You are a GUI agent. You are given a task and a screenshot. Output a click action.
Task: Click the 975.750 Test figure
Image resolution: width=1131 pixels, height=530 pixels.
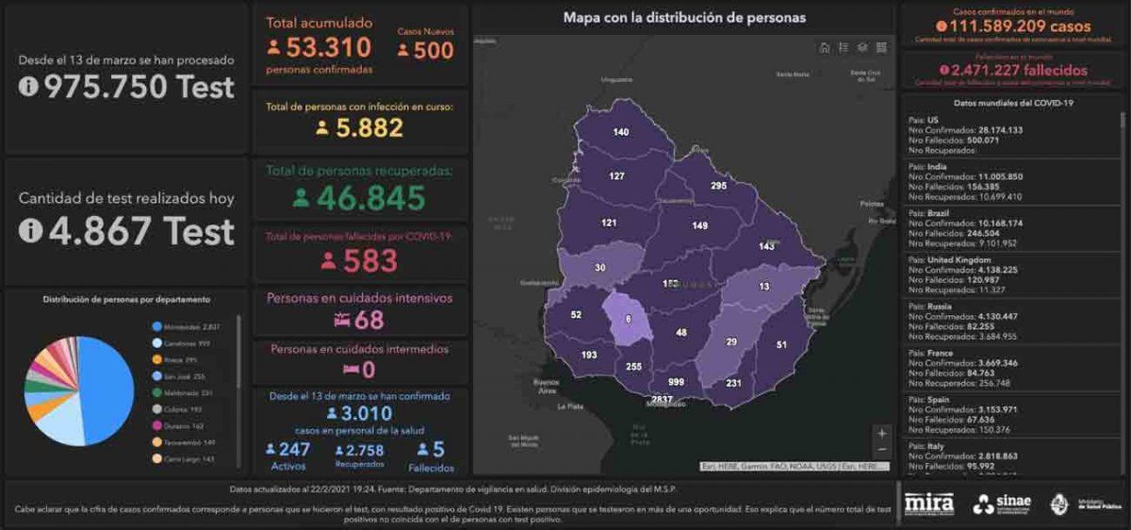[138, 87]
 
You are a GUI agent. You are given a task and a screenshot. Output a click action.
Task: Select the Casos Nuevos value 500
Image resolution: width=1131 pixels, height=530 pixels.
[433, 51]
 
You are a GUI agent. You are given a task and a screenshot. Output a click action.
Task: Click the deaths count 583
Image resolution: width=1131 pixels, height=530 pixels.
[369, 260]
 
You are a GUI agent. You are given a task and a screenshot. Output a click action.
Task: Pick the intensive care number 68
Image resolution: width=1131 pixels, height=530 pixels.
[369, 320]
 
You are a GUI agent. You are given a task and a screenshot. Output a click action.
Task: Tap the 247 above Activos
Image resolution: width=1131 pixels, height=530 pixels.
[295, 450]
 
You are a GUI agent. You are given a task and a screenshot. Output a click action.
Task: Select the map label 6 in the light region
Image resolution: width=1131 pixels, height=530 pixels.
[628, 320]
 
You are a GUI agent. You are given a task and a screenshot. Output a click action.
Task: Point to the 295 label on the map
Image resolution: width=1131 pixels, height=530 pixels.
[718, 187]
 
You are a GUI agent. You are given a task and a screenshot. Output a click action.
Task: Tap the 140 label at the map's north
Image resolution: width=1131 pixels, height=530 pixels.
[620, 132]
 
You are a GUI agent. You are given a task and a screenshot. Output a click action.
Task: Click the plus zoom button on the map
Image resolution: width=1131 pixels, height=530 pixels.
[881, 433]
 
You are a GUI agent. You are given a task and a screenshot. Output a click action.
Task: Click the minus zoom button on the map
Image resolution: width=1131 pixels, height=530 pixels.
[881, 450]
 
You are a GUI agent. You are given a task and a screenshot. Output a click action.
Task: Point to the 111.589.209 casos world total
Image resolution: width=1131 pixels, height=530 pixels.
[1013, 26]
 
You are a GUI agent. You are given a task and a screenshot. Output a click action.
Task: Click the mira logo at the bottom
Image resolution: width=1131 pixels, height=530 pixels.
[928, 503]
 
